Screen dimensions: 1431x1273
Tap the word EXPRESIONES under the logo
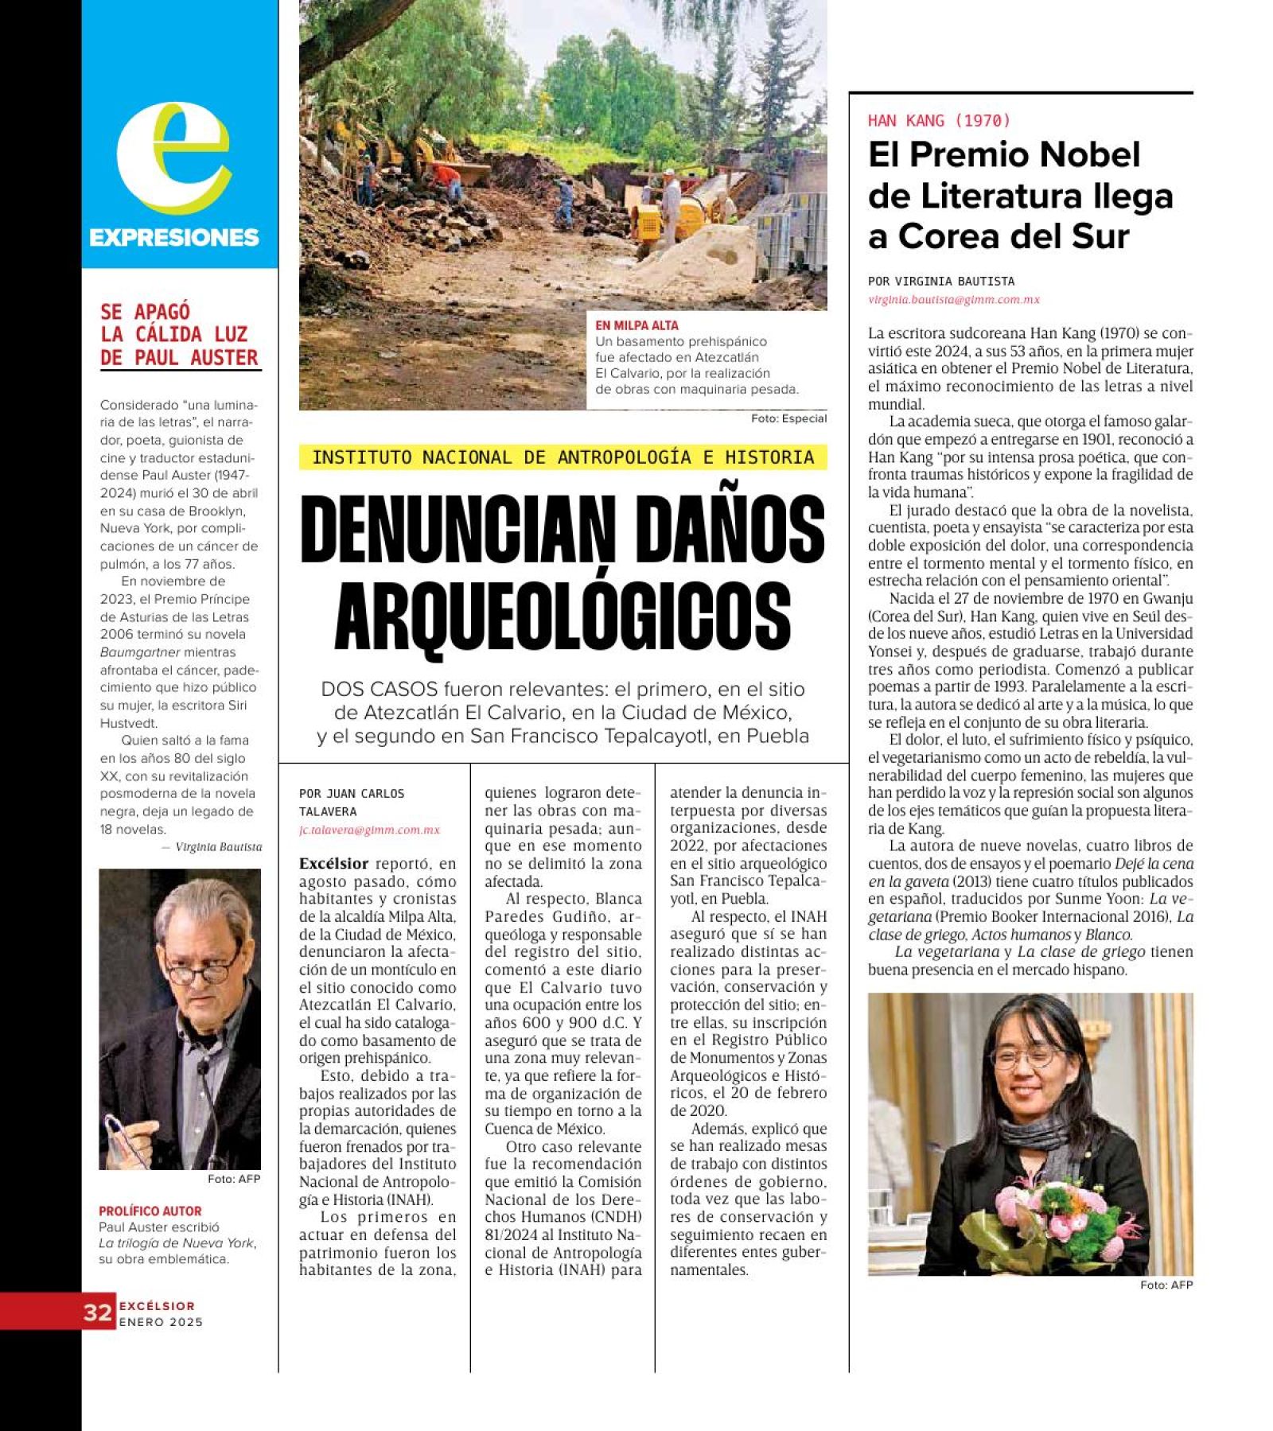pyautogui.click(x=173, y=237)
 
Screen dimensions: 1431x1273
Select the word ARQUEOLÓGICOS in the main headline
pyautogui.click(x=563, y=616)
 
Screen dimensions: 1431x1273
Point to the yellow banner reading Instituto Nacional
pyautogui.click(x=563, y=457)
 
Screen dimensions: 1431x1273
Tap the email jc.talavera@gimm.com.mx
pyautogui.click(x=369, y=830)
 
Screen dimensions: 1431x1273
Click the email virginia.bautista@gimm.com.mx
pyautogui.click(x=953, y=300)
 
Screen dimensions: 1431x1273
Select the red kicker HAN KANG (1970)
pyautogui.click(x=939, y=121)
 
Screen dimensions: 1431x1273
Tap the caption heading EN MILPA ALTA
pyautogui.click(x=636, y=325)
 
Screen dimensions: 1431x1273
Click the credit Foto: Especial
pyautogui.click(x=788, y=418)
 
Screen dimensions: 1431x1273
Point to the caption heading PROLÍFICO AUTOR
pyautogui.click(x=150, y=1211)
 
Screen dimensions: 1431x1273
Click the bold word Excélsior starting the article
pyautogui.click(x=333, y=863)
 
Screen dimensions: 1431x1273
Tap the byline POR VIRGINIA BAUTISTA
pyautogui.click(x=940, y=281)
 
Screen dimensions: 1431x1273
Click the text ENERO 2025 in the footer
pyautogui.click(x=161, y=1322)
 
